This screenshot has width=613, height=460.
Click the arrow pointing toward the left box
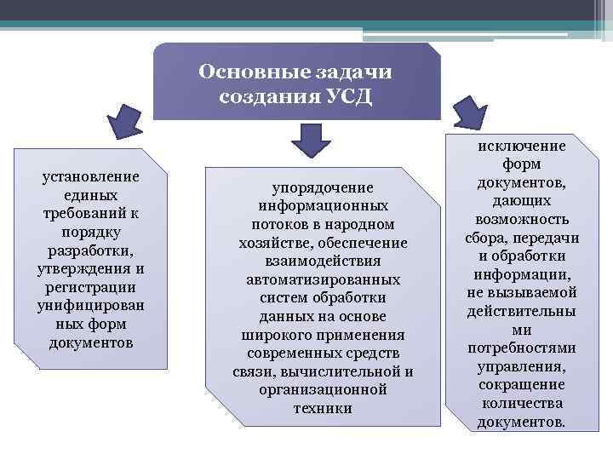point(128,121)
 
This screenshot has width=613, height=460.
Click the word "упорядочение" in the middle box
point(323,187)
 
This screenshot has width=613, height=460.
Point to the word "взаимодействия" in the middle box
point(323,261)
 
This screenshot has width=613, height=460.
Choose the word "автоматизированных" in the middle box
point(323,279)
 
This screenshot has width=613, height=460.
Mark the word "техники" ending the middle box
point(323,408)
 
